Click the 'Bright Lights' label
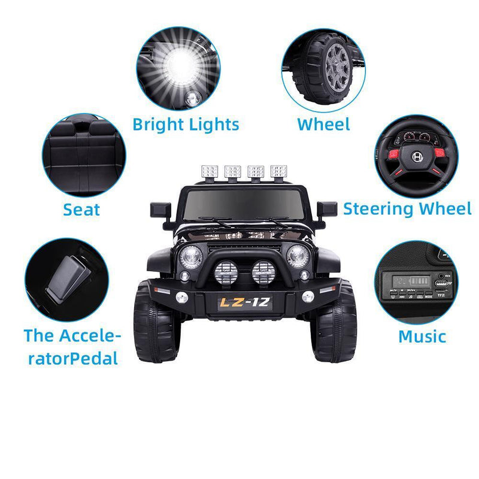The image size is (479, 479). [x=186, y=125]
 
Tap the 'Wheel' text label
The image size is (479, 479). [x=323, y=125]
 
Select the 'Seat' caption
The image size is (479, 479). [x=81, y=210]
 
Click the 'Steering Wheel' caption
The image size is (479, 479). [x=407, y=209]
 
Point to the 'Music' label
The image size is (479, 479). [x=422, y=336]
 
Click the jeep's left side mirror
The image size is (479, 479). [x=160, y=211]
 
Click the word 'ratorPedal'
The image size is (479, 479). [x=72, y=358]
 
